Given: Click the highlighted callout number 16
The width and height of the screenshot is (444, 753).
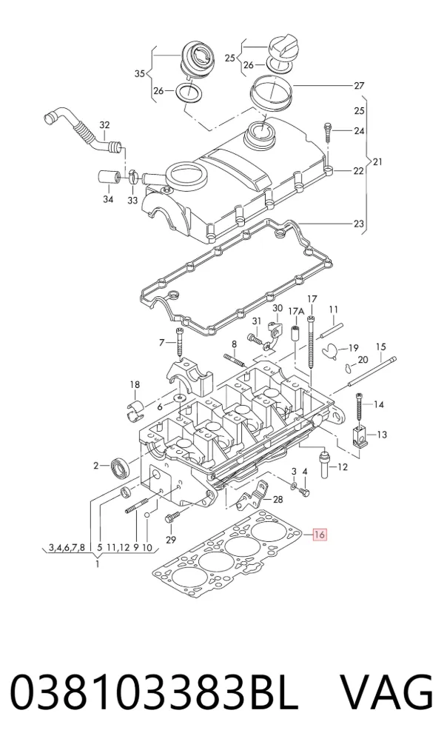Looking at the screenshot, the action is (x=320, y=535).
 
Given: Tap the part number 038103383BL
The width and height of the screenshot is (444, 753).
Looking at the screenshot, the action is (x=154, y=693).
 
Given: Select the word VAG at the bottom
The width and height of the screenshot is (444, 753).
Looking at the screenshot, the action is (x=387, y=693).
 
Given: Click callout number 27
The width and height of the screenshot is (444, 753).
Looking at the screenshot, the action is (x=359, y=86).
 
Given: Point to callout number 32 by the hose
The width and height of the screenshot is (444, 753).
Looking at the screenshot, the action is (x=104, y=125).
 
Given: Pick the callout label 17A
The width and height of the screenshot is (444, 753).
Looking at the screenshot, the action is (x=296, y=312).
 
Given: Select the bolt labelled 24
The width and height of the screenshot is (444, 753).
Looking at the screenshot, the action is (x=328, y=131).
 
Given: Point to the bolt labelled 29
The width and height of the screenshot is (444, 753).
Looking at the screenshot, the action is (x=172, y=518).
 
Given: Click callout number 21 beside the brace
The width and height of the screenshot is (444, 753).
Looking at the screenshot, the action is (x=377, y=162).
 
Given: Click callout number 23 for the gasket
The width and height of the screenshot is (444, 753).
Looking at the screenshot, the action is (x=359, y=224).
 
